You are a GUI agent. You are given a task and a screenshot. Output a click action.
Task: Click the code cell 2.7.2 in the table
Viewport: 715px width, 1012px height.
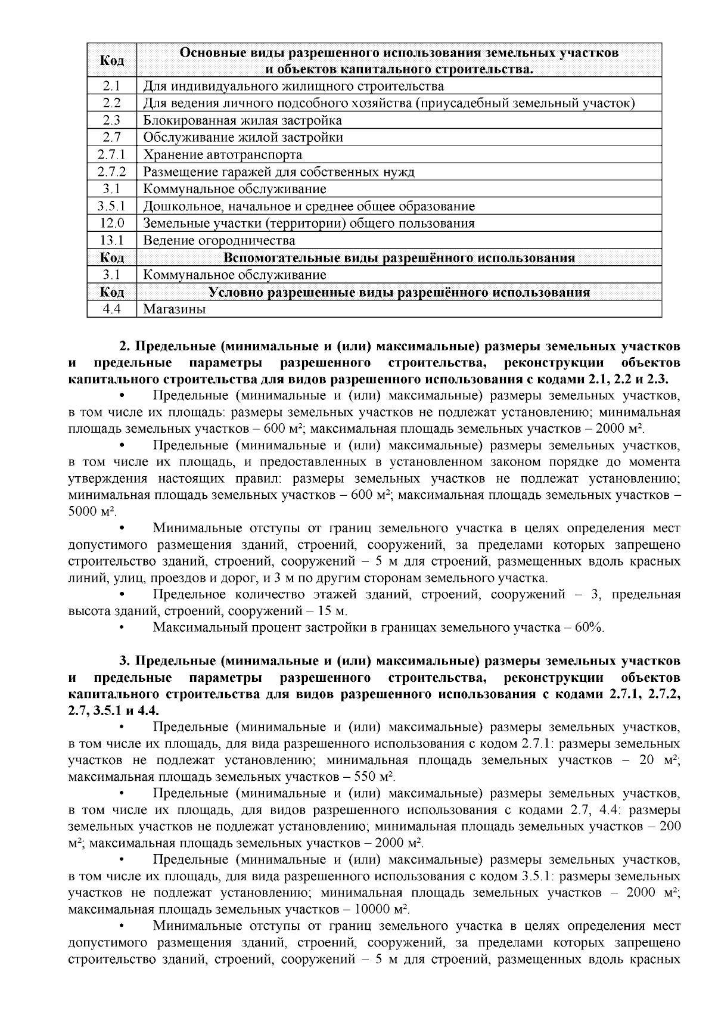112,172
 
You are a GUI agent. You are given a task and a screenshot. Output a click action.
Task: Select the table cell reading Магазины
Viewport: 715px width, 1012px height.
175,309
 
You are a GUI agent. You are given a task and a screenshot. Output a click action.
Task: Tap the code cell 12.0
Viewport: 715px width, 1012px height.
112,223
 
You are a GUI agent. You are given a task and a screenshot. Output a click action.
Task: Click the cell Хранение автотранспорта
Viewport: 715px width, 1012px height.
222,155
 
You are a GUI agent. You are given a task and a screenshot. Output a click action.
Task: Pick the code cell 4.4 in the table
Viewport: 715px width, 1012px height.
112,309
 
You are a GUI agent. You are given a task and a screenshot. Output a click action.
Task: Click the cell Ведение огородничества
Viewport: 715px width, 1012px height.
219,241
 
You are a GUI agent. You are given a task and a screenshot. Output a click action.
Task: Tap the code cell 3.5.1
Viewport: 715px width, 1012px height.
112,207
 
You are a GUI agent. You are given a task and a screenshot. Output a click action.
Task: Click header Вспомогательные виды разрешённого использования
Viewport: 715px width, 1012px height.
399,258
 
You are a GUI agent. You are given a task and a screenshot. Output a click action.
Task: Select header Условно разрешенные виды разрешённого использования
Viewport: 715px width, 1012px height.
399,293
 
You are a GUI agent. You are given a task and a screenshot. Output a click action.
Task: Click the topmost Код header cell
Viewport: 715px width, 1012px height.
112,61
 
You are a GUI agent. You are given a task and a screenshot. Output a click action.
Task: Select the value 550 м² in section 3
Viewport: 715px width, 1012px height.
374,777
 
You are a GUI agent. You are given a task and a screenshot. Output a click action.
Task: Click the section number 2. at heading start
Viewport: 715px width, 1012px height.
125,346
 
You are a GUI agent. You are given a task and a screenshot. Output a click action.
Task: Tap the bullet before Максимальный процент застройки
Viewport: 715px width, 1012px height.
122,628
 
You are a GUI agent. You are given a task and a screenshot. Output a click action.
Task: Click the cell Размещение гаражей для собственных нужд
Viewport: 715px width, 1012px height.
279,172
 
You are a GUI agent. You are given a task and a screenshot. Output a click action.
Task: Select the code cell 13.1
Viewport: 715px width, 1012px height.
112,241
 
